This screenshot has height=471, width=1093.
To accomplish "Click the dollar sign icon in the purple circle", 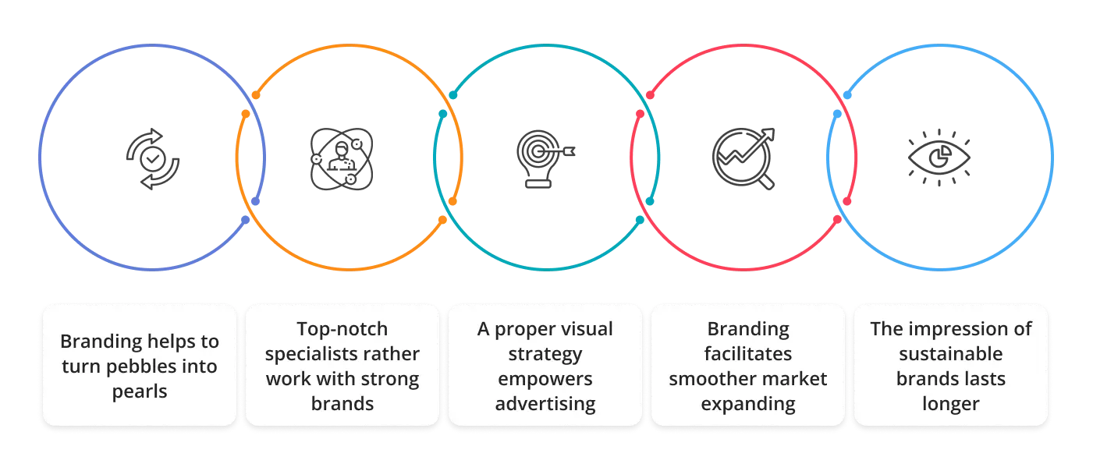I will tap(153, 158).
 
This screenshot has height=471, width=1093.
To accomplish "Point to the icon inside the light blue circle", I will tap(938, 158).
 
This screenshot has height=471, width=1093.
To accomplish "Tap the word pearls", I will tap(139, 391).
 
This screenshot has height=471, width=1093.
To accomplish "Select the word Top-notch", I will tap(342, 329).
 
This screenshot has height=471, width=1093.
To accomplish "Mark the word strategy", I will tap(545, 354).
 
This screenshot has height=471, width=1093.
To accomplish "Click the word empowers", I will tap(545, 379).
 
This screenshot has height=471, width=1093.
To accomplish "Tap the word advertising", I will tap(545, 404).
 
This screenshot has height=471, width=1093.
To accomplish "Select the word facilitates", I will tap(747, 354).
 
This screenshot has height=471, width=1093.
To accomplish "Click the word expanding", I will tap(747, 404).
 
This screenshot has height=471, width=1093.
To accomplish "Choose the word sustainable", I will tap(950, 354).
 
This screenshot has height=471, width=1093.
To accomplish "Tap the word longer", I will tap(950, 404).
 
